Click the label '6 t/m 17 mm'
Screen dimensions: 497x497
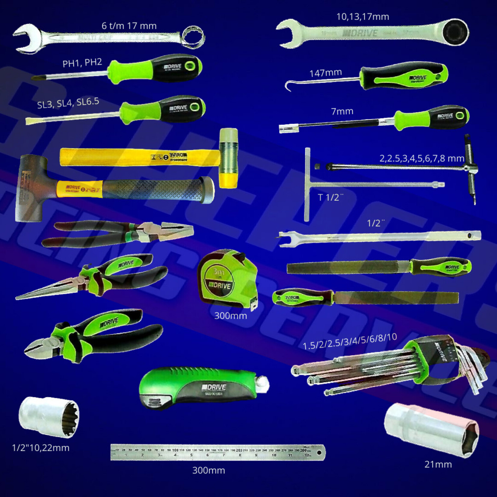click(x=129, y=26)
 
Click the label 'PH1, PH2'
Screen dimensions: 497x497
click(x=82, y=63)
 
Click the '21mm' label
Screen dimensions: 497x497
click(x=438, y=464)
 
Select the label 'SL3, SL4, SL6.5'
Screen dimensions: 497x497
click(x=68, y=103)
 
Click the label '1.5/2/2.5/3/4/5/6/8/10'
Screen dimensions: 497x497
click(x=350, y=341)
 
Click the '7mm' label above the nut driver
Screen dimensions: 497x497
click(x=342, y=111)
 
